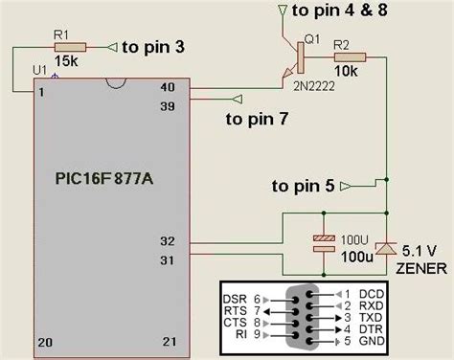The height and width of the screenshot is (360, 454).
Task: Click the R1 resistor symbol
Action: tap(72, 46)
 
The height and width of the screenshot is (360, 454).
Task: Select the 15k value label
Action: tap(66, 61)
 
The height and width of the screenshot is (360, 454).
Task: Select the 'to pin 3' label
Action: tap(153, 45)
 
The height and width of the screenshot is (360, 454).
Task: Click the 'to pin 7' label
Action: tap(258, 119)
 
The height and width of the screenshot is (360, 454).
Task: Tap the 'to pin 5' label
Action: tap(303, 184)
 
